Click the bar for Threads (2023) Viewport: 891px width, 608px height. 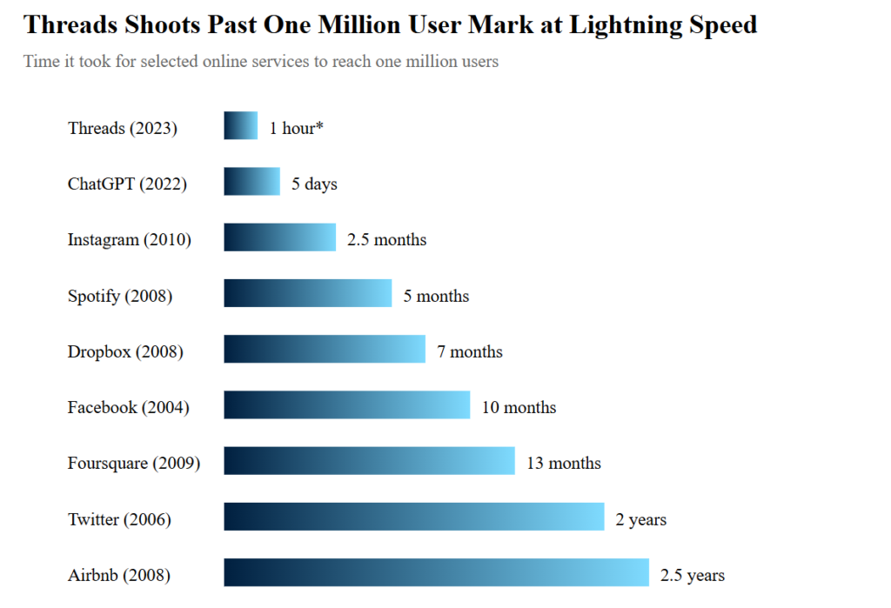[x=240, y=125]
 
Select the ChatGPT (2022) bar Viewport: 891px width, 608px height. [x=251, y=181]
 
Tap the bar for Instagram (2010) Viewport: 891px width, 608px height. [x=279, y=237]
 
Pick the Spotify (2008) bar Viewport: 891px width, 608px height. [x=307, y=293]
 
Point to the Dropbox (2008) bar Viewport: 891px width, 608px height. [x=325, y=349]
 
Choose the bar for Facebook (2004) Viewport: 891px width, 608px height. [x=346, y=404]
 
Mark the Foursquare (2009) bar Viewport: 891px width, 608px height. [x=369, y=460]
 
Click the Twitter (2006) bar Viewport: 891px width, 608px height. [x=413, y=516]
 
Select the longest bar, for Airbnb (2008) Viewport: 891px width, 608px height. [x=436, y=572]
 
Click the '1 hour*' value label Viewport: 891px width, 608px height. [x=296, y=129]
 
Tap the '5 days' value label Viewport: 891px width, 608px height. [x=314, y=184]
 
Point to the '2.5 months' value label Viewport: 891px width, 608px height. [x=386, y=240]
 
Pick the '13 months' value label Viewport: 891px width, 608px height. [x=563, y=464]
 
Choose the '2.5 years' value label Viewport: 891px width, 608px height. [x=692, y=576]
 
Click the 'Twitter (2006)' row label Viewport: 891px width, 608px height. [x=119, y=520]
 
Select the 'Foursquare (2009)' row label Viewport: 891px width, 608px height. [x=134, y=464]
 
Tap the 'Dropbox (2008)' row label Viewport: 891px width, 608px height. [x=125, y=352]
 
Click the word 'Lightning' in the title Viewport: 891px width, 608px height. [x=621, y=25]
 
